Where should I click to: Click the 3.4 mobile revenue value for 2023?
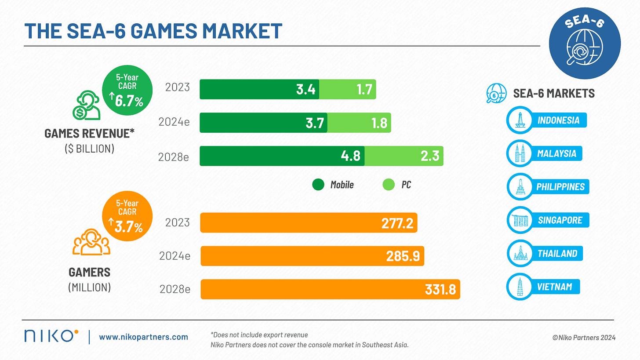(305, 90)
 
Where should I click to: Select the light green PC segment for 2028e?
(404, 156)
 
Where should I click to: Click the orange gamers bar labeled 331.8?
(330, 289)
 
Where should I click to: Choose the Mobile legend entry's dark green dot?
(318, 185)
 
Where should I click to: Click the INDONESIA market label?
(558, 120)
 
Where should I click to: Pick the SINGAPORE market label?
(560, 220)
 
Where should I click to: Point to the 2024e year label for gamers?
(175, 256)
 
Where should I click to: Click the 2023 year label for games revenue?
(178, 87)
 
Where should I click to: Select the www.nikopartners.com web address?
(143, 337)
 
